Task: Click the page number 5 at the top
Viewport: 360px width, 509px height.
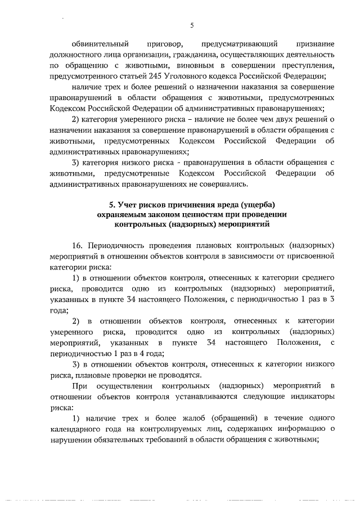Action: coord(191,25)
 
